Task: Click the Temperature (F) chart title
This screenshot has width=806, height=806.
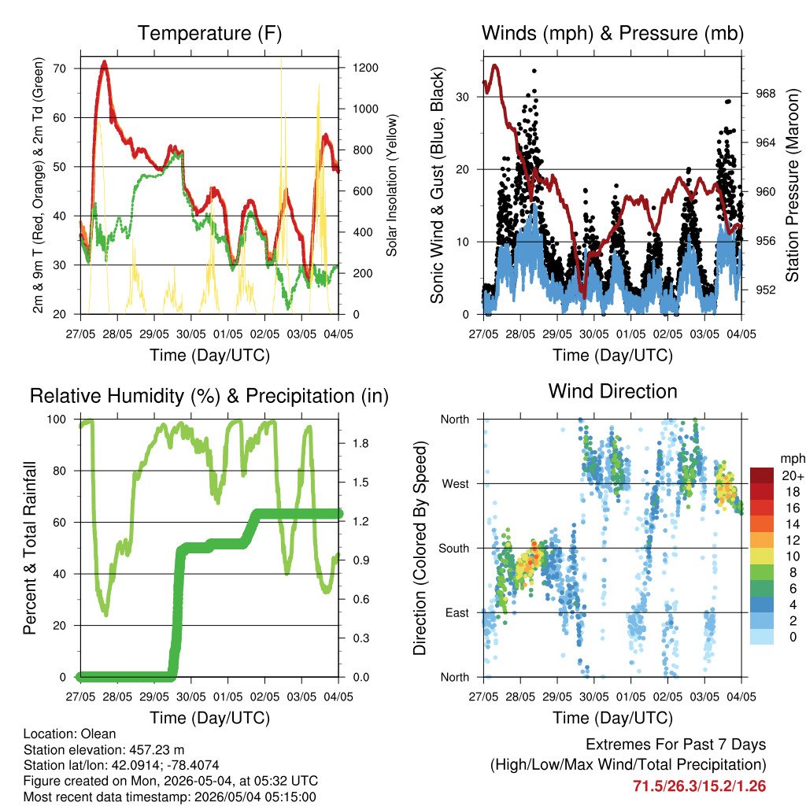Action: [209, 33]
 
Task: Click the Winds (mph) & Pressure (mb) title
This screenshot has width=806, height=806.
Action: [612, 33]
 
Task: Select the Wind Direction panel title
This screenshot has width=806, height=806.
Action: [612, 391]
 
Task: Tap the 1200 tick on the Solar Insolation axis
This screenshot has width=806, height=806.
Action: [365, 68]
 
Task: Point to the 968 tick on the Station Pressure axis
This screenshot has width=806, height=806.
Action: [765, 94]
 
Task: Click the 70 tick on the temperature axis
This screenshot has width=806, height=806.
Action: [60, 68]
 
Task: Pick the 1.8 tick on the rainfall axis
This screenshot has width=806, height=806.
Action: [360, 444]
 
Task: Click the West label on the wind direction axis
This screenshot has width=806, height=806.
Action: [456, 484]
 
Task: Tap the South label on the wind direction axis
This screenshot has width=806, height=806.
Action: [454, 549]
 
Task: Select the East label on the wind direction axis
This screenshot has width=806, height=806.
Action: [457, 612]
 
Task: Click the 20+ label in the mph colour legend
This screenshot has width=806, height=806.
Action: [793, 476]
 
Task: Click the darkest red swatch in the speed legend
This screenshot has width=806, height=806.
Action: [762, 475]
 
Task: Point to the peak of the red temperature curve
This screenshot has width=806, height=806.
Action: [105, 62]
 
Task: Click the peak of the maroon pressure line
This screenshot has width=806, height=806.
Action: [495, 66]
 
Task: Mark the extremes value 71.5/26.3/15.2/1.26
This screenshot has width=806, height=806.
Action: [699, 786]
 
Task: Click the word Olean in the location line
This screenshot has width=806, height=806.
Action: [98, 734]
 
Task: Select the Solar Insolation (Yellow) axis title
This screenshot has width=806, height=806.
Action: [392, 185]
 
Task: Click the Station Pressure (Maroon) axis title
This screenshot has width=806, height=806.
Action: [792, 185]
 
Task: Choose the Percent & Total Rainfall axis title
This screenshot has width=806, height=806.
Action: [30, 548]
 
